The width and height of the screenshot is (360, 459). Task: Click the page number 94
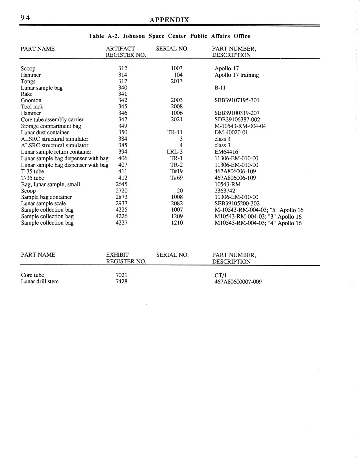click(x=25, y=18)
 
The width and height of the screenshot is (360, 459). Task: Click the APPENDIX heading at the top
click(x=169, y=20)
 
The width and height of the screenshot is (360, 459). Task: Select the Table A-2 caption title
click(x=169, y=36)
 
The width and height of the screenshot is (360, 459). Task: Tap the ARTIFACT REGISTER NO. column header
click(x=125, y=52)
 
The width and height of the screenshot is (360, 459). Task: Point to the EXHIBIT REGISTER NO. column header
click(x=126, y=258)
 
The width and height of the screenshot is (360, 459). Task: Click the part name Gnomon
click(x=31, y=100)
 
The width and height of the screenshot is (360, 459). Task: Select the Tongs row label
click(x=28, y=82)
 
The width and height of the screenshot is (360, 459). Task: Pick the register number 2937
click(x=122, y=204)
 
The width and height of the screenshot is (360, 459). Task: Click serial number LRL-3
click(x=175, y=152)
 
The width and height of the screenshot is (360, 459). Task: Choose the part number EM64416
click(x=226, y=152)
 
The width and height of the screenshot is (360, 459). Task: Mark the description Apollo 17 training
click(x=237, y=75)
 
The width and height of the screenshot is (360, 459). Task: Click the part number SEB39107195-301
click(x=237, y=100)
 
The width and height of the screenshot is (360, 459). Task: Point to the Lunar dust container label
click(x=45, y=132)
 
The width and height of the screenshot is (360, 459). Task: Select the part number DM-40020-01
click(x=231, y=132)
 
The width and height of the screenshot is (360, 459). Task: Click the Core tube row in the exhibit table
click(x=32, y=275)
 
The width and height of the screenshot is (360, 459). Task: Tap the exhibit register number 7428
click(x=122, y=282)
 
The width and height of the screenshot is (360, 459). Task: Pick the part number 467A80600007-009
click(x=238, y=282)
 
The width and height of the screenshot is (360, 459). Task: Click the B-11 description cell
click(x=220, y=88)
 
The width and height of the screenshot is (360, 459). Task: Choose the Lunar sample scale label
click(x=43, y=204)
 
